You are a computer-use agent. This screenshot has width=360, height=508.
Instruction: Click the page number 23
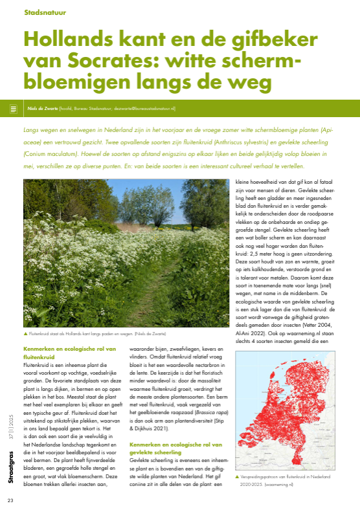10,500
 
